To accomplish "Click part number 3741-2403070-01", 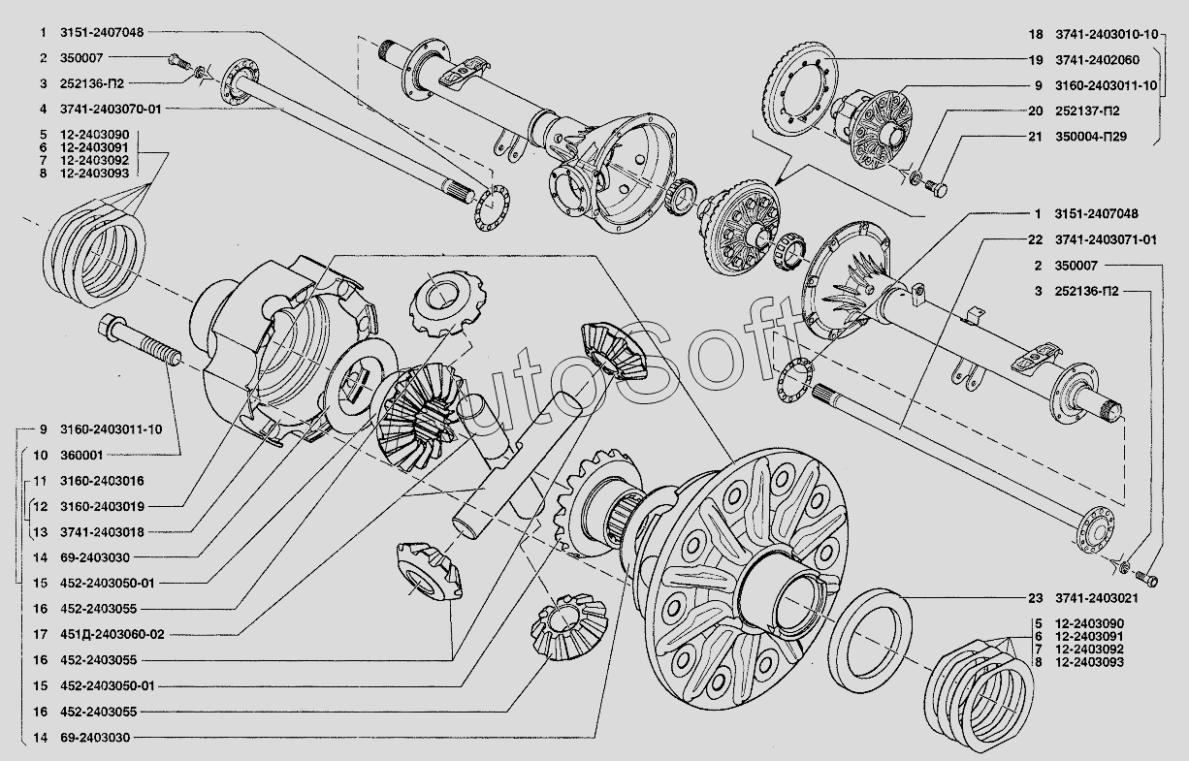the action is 111,110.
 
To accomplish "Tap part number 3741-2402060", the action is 1097,60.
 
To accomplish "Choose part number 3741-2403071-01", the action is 1106,239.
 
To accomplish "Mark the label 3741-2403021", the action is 1097,598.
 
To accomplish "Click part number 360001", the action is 81,456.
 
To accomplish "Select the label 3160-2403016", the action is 102,481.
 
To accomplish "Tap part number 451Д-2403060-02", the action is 112,634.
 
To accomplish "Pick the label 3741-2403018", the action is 102,532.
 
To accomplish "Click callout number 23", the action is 1035,598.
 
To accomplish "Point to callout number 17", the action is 41,634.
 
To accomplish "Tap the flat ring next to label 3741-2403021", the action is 869,641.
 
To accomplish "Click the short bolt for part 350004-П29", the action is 936,188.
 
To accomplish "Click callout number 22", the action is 1035,239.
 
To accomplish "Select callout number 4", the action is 43,110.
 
